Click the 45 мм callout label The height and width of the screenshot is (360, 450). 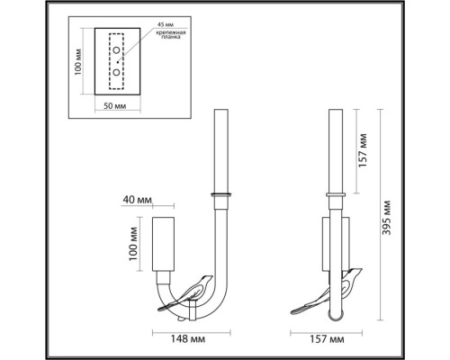click(166, 24)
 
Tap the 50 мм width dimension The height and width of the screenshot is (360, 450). click(115, 106)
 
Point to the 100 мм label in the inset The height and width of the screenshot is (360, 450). click(78, 62)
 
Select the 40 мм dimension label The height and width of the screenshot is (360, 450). click(137, 200)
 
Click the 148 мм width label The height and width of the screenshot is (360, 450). click(188, 339)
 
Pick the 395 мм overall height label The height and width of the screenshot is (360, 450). click(387, 218)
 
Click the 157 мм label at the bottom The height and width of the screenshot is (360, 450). click(327, 339)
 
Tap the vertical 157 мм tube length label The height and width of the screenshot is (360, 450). click(363, 150)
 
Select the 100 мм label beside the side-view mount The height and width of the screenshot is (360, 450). click(133, 244)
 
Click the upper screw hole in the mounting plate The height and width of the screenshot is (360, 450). click(116, 50)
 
